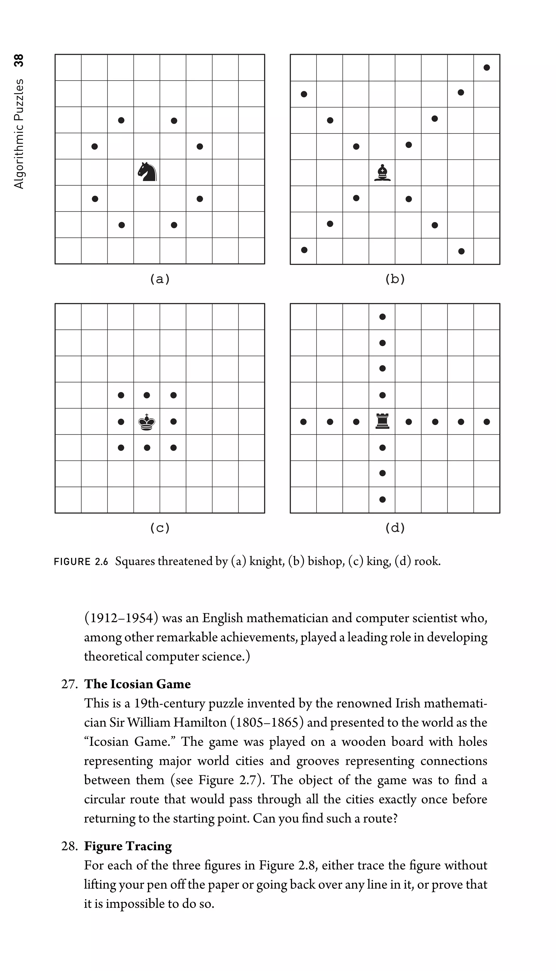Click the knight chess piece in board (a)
click(x=147, y=172)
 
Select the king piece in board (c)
click(x=147, y=422)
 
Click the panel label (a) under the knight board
click(x=160, y=279)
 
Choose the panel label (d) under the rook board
click(x=395, y=528)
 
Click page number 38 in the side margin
click(x=19, y=60)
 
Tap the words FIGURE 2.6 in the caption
click(x=81, y=562)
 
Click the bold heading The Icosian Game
click(x=137, y=684)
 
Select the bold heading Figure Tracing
click(x=128, y=846)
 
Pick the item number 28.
click(x=69, y=846)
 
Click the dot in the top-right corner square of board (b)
click(x=486, y=68)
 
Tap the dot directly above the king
click(x=147, y=395)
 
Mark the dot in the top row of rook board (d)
click(x=382, y=317)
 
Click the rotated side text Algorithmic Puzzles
click(x=19, y=134)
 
